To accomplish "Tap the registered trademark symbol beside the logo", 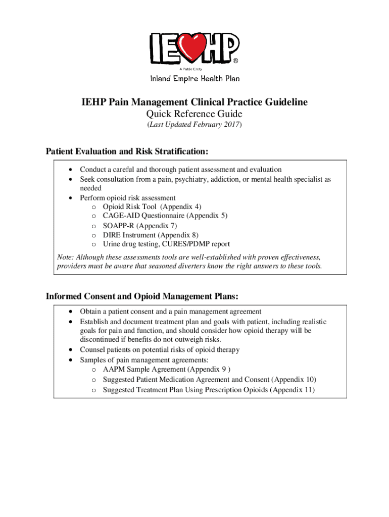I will click(235, 61).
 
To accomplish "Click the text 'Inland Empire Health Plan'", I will click(194, 78).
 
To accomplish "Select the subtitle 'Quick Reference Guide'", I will click(194, 115).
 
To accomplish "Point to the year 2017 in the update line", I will click(231, 125).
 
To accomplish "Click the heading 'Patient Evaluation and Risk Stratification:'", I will click(127, 151).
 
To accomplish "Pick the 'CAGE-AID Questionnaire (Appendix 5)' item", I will click(165, 216).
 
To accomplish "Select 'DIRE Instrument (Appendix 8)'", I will click(151, 235).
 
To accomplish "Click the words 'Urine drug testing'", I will click(130, 244).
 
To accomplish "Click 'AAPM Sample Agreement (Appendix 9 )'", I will click(166, 370).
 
